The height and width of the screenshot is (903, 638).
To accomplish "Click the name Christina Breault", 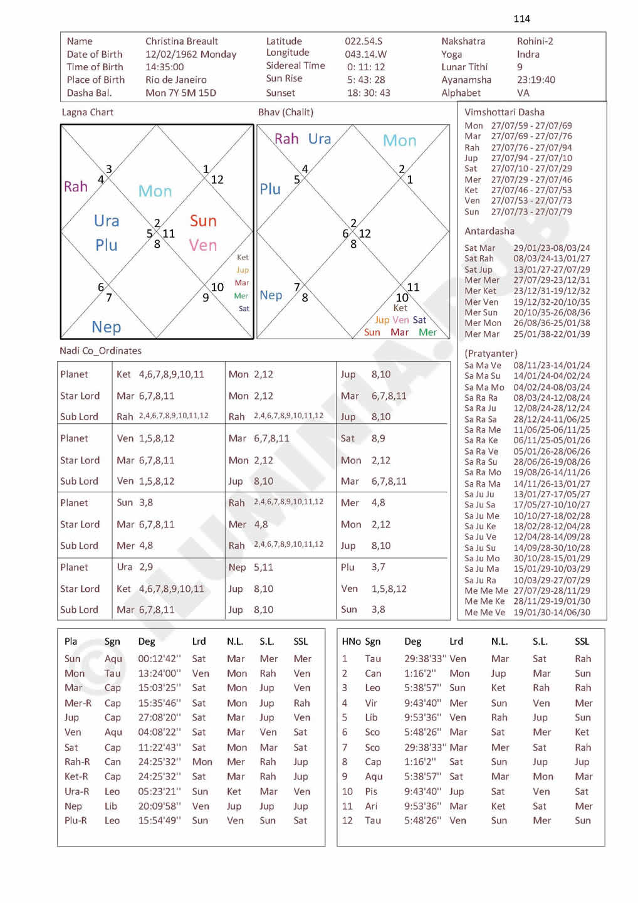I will point(181,41).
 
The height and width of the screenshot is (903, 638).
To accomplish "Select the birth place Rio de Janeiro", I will point(175,80).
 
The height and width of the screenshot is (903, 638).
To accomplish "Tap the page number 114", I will point(521,19).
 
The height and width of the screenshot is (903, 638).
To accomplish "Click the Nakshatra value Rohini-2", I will point(535,41).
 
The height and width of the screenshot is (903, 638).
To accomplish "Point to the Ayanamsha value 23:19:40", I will point(536,80).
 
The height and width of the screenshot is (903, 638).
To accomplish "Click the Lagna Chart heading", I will point(88,112).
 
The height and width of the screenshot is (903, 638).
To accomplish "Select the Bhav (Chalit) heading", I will point(286,112).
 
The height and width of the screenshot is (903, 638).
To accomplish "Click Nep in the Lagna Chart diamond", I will point(106,327).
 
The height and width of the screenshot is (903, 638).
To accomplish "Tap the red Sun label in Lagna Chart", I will point(203,221).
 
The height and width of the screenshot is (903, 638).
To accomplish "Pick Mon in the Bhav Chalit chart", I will point(399,140).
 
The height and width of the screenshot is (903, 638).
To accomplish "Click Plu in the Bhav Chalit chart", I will point(270,189).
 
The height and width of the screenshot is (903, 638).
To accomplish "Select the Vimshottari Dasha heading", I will point(505,112).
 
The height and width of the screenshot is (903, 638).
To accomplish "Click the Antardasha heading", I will point(489,231).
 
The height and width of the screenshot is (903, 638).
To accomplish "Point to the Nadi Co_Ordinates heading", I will point(100,351).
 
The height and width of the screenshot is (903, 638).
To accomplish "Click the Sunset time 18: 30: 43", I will point(369,93).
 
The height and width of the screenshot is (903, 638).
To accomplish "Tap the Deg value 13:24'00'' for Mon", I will point(159,673).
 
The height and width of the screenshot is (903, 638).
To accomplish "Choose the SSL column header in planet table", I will point(301,642).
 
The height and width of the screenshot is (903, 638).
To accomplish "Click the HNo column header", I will point(351,642).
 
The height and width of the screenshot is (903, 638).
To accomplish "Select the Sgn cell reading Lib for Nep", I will point(111,806).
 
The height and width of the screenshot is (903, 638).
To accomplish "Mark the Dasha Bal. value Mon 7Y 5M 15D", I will point(180,93).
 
